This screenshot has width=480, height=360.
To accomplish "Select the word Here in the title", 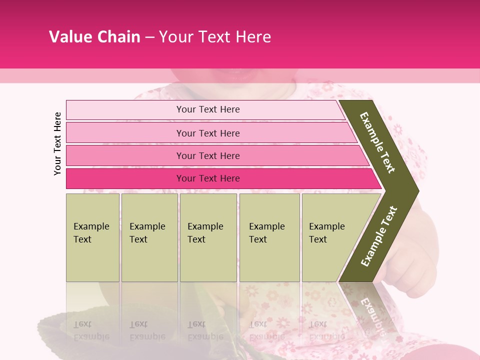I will [253, 36].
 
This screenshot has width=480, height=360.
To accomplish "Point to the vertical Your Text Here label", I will [57, 143].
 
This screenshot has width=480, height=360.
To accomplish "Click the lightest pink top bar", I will [205, 109].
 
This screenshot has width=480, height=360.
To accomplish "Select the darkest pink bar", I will [220, 178].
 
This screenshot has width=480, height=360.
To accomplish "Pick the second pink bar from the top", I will [210, 133].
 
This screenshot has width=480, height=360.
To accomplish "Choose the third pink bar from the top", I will [215, 155].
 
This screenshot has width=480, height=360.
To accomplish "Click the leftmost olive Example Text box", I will [92, 237].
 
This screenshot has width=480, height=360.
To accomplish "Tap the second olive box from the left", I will [149, 237].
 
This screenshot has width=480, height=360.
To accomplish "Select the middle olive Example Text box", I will [208, 237].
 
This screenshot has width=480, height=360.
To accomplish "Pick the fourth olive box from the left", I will [269, 237].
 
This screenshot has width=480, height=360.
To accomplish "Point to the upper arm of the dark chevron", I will [378, 142].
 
